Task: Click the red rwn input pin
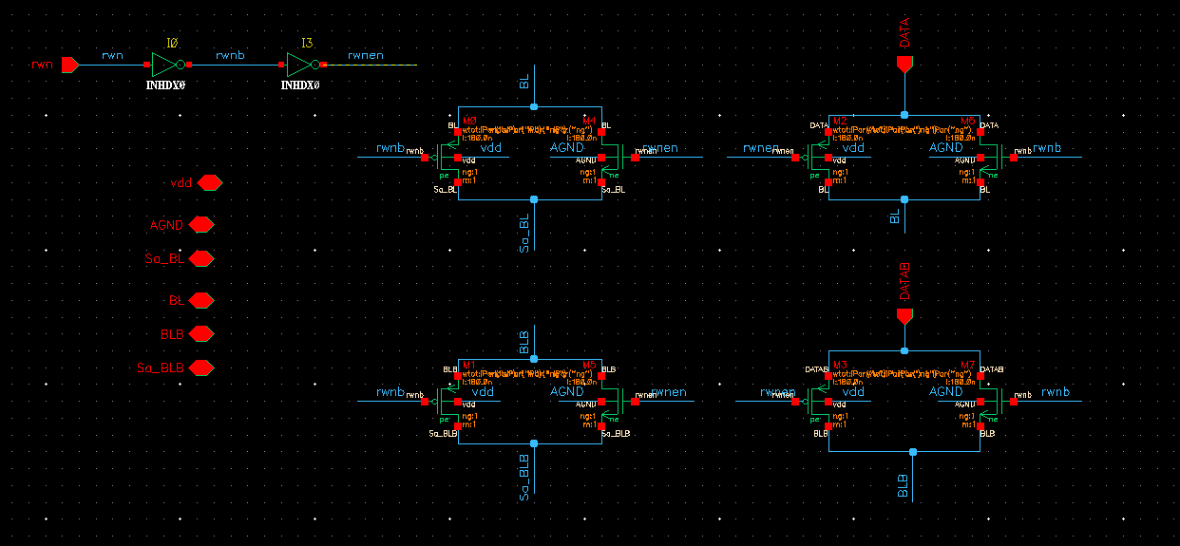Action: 69,65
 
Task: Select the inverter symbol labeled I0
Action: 167,65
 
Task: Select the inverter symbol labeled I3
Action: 302,65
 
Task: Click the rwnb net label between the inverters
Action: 230,55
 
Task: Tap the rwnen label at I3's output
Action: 366,55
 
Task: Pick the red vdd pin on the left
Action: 209,182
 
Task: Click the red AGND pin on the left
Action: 201,225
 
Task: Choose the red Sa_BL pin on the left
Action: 201,258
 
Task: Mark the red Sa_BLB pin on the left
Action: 201,367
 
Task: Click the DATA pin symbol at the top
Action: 904,64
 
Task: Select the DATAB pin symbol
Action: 904,315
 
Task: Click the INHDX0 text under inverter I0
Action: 165,85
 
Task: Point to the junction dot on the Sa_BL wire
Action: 534,199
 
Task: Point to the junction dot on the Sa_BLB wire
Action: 534,443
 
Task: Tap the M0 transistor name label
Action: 468,121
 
